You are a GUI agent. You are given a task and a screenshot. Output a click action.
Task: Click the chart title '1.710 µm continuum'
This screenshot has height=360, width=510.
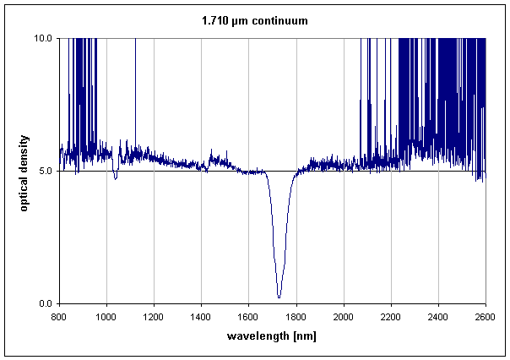pos(254,20)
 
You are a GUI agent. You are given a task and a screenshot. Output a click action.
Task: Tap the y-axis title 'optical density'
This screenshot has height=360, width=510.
pos(24,171)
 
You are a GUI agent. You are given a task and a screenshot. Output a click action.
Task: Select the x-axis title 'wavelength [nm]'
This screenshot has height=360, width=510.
pos(271,336)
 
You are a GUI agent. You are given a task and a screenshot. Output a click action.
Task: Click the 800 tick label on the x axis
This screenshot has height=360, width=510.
pos(58,317)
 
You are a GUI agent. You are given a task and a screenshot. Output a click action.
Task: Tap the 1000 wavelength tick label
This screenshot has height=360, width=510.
pos(106,317)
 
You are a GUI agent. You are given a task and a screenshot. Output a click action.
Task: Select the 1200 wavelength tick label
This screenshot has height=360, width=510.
pos(153,317)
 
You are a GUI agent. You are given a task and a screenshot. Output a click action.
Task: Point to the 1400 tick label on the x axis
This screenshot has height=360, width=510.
pos(201,317)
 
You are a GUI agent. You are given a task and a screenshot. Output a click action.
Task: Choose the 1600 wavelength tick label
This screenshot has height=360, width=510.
pos(248,317)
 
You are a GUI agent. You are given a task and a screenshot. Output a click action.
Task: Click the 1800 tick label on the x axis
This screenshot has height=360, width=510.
pos(296,317)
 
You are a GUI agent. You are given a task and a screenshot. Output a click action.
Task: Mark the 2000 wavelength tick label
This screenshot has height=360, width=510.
pos(343,317)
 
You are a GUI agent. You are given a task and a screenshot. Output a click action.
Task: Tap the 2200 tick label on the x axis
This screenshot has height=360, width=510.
pos(391,317)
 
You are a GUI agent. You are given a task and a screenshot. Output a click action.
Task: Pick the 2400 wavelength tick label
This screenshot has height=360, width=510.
pos(438,317)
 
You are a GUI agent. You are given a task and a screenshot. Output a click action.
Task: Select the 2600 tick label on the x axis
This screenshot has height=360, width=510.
pos(486,317)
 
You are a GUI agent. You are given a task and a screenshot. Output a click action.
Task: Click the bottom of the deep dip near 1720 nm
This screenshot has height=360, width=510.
pos(279,297)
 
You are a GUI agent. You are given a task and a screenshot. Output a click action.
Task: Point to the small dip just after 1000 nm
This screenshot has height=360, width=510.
pos(115,177)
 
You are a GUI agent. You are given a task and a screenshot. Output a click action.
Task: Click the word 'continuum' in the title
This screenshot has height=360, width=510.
pos(282,20)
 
